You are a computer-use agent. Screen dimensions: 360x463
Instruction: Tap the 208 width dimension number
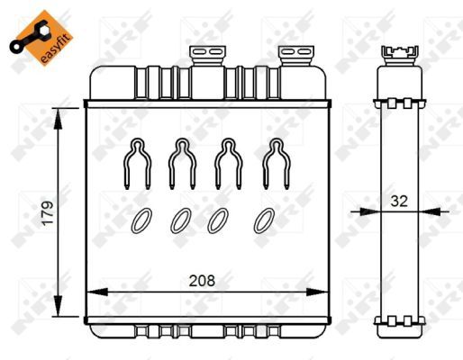click(202, 280)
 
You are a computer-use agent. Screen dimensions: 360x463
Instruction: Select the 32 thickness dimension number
click(399, 202)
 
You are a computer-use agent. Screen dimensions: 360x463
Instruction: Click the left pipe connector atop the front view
click(206, 57)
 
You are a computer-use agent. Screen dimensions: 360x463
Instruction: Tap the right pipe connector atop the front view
click(293, 57)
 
